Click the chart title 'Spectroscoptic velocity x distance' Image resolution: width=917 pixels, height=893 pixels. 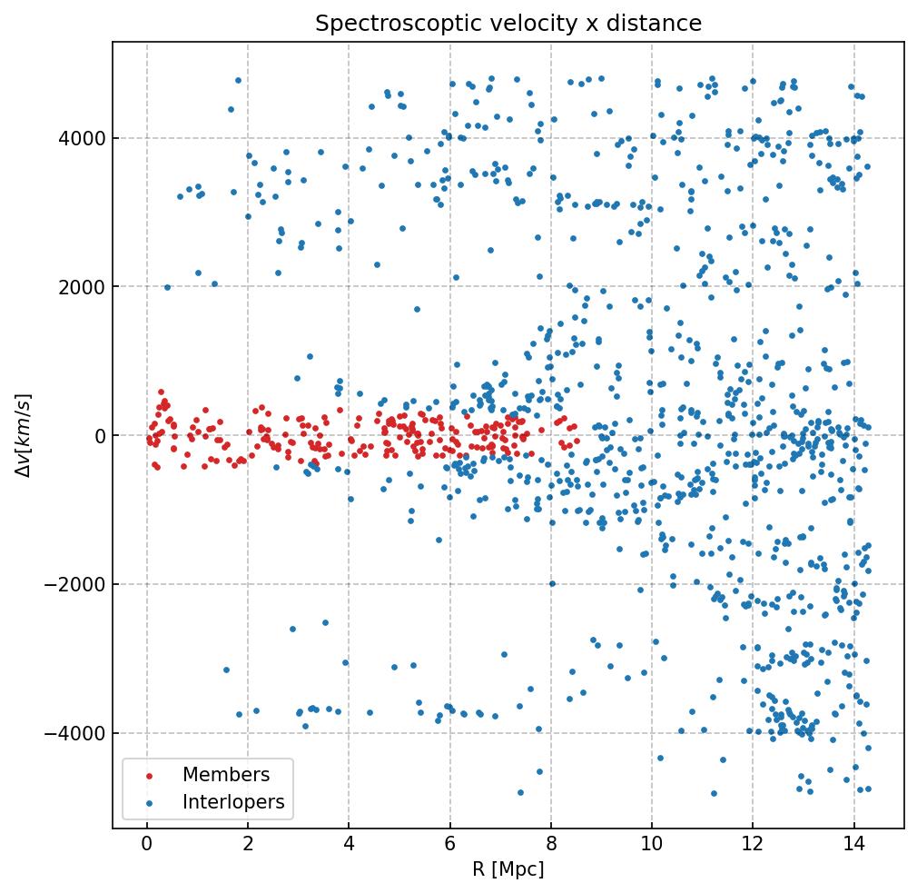point(508,24)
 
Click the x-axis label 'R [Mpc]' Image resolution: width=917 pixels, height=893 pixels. point(508,869)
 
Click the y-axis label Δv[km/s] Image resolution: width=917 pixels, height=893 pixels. point(25,435)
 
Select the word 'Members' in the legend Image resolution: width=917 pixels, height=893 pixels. point(226,775)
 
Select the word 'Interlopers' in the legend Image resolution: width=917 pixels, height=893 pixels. point(233,802)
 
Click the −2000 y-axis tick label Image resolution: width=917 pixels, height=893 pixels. point(74,584)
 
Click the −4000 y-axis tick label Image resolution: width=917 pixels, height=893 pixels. point(74,733)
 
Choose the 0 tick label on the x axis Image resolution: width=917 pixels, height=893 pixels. point(147,846)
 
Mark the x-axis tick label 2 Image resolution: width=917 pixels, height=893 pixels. point(248,846)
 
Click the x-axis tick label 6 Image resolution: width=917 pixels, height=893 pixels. point(449,846)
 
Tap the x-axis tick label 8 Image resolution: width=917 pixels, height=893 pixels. point(551,846)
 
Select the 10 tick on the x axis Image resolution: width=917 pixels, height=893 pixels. point(652,846)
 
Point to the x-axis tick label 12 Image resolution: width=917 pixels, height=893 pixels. point(753,846)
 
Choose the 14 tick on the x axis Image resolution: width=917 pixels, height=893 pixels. point(853,846)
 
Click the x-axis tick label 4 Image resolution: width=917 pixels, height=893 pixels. point(349,846)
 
